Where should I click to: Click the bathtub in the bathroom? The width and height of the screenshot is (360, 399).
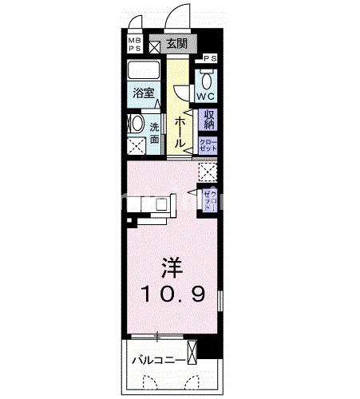tap(144, 72)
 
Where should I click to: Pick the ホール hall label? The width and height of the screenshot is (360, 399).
tap(181, 130)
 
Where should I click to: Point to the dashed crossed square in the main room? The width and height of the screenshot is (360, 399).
tap(208, 171)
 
